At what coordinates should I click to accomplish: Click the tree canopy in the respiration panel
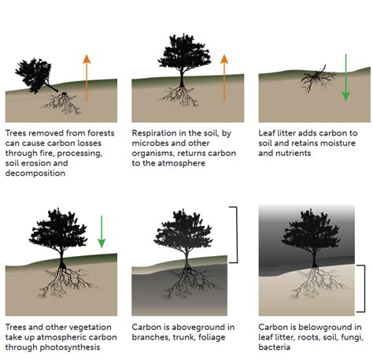182,50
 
